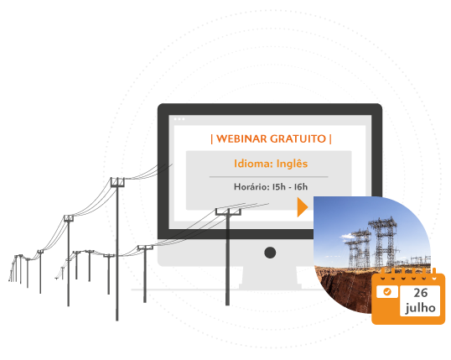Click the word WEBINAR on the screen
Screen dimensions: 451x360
coord(242,138)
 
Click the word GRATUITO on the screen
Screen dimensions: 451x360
coord(298,138)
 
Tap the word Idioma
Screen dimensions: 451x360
coord(253,164)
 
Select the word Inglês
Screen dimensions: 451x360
coord(292,164)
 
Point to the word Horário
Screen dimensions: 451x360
coord(251,187)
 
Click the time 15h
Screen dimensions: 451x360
coord(279,187)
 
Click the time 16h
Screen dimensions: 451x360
coord(301,187)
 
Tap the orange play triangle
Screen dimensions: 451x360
coord(302,207)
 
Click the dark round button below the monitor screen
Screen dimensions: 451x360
coord(270,253)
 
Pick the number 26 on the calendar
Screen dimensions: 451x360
coord(421,293)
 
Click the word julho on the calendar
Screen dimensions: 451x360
coord(420,308)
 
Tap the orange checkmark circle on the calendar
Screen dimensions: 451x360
coord(387,292)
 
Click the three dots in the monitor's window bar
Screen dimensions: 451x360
coord(179,119)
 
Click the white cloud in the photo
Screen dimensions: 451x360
coord(349,237)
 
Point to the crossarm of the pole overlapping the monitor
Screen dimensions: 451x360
coord(228,211)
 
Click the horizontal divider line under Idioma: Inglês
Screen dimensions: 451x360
coord(268,176)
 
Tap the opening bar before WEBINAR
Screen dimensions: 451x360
coord(212,139)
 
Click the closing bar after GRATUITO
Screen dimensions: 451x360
coord(330,139)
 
